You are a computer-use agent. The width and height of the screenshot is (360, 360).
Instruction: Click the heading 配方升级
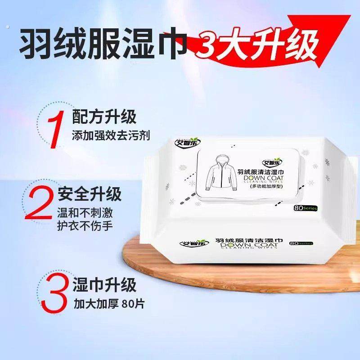click(x=104, y=118)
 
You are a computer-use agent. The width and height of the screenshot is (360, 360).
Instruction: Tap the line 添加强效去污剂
click(x=111, y=135)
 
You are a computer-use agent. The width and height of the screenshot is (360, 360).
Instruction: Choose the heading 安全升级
click(x=90, y=195)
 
